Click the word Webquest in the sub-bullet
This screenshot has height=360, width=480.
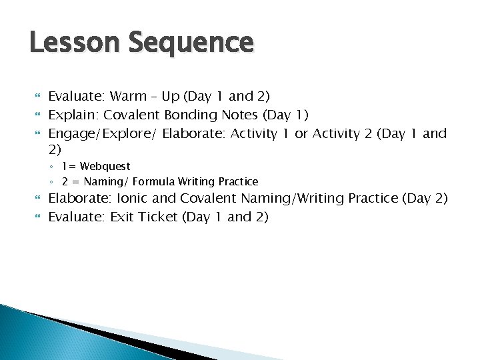pos(105,166)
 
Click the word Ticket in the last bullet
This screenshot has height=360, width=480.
pos(159,217)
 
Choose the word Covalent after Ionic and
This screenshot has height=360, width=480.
pos(209,198)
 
